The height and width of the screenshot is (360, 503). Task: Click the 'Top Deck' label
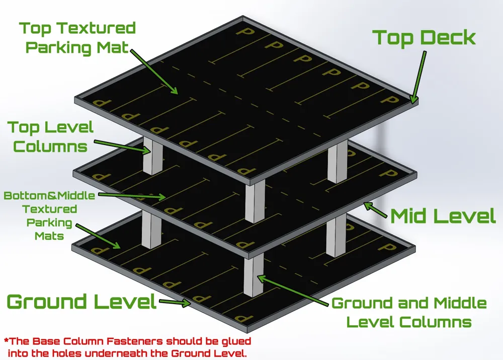[424, 38]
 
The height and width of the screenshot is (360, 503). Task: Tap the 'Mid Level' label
[443, 216]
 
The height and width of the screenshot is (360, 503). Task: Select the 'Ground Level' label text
[82, 302]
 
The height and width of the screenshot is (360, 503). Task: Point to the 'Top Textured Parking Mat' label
[77, 38]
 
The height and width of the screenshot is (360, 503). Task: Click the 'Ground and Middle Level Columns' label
[409, 313]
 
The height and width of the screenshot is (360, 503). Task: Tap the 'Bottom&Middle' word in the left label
[49, 195]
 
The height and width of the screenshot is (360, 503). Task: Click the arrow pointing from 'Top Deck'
[418, 78]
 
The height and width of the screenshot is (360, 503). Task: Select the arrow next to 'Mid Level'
[375, 210]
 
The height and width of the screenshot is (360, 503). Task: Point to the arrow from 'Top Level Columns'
[122, 146]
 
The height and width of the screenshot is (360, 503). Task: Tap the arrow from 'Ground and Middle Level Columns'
[293, 291]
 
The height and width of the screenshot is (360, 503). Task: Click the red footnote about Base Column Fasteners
[127, 347]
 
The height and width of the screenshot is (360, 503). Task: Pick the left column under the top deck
[152, 156]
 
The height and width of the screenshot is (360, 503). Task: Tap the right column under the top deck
[338, 162]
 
